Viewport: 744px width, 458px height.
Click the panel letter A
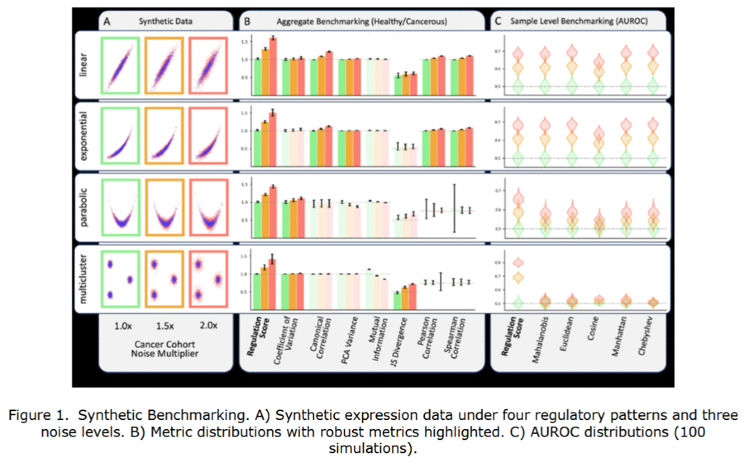click(107, 21)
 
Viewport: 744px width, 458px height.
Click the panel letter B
click(247, 21)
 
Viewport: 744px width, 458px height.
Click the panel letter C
click(497, 21)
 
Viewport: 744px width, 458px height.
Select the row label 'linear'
click(83, 66)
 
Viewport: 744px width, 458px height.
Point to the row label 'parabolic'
click(83, 206)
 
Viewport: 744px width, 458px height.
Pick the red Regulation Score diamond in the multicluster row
click(518, 262)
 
